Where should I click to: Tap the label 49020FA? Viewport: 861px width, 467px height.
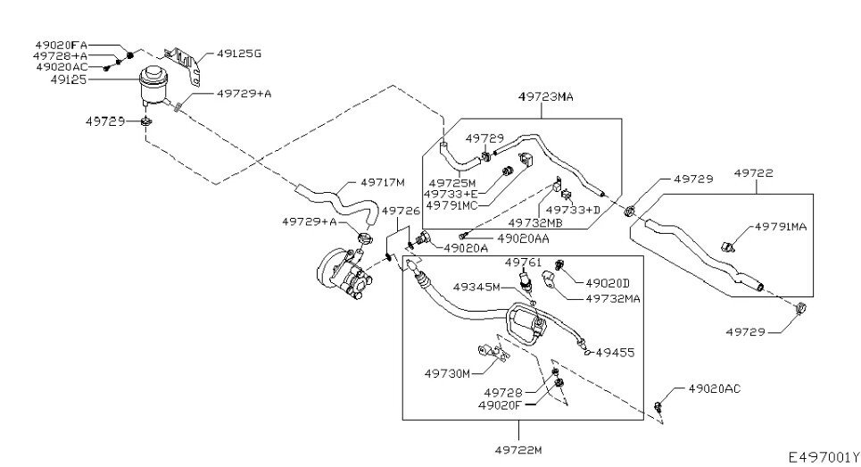62,45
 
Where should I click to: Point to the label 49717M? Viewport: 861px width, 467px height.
383,182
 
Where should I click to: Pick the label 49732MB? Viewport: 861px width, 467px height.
535,222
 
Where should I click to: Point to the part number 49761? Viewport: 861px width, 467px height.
524,262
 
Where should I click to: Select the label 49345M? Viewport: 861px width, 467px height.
479,288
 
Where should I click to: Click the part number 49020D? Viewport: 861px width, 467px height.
608,284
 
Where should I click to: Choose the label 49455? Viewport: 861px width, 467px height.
615,353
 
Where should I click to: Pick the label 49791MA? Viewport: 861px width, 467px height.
780,227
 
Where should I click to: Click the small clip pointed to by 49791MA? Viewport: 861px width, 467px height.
729,243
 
